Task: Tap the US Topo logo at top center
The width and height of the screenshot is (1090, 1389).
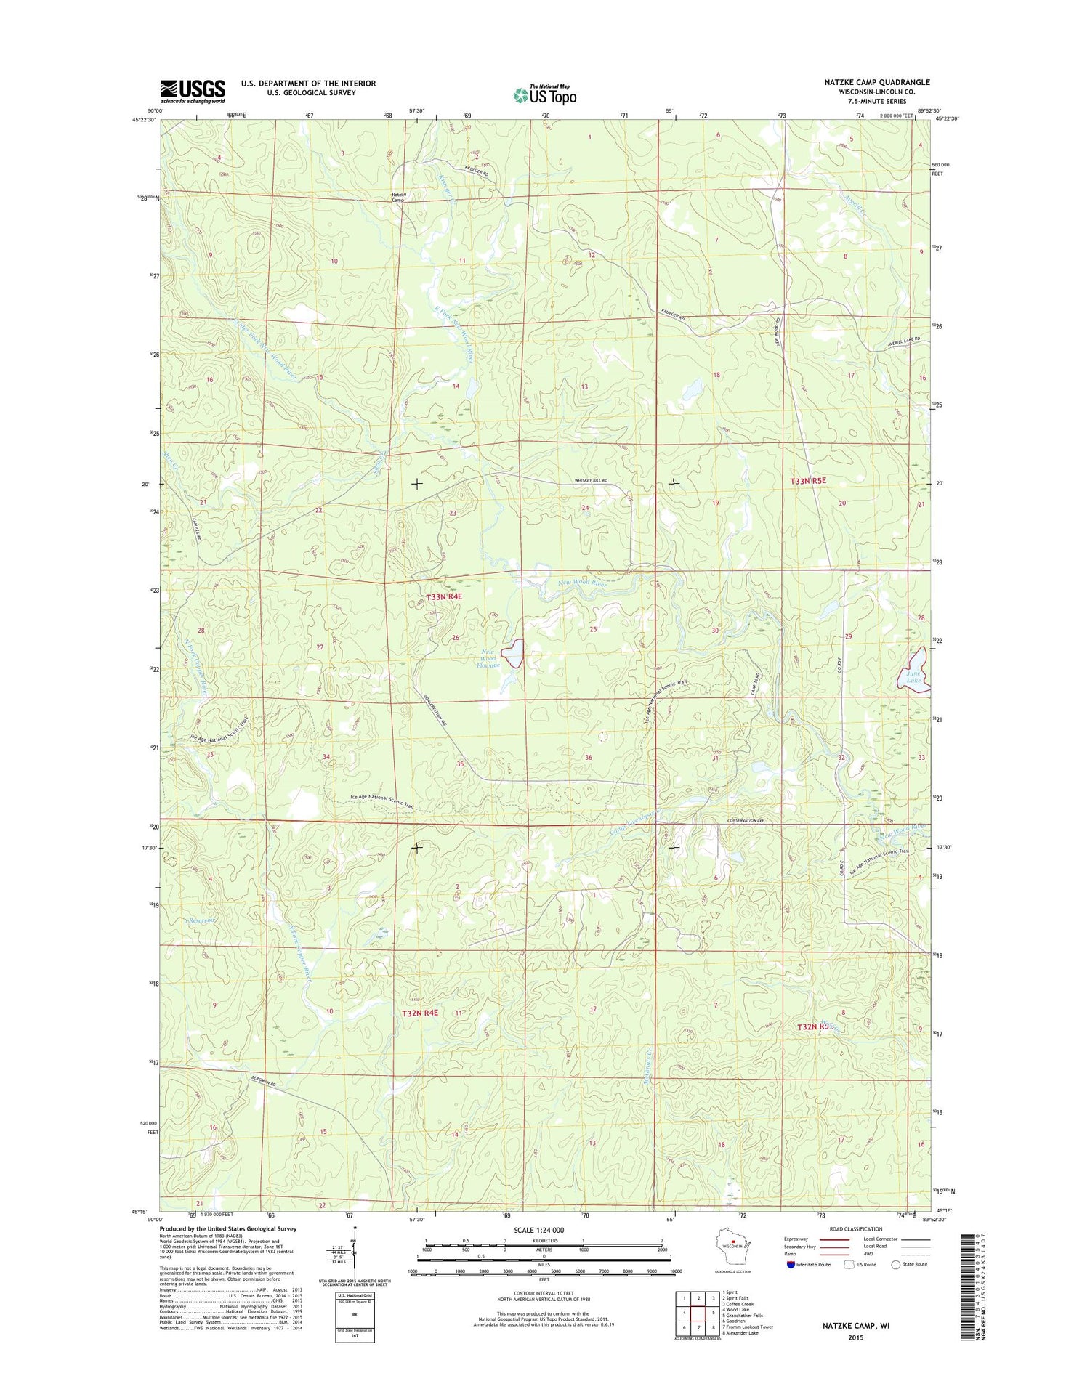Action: (x=544, y=94)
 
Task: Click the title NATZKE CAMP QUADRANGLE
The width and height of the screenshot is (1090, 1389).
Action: (x=876, y=82)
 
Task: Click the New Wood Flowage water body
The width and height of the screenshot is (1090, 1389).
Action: (x=514, y=653)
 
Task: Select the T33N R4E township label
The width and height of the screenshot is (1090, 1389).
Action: (x=443, y=596)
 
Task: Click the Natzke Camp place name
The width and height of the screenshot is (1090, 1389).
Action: (x=399, y=198)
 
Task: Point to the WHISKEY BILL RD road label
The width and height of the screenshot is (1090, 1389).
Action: (x=591, y=481)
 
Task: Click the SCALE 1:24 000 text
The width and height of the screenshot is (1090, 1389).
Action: (x=538, y=1230)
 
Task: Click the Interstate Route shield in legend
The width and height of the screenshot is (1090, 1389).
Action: (x=791, y=1265)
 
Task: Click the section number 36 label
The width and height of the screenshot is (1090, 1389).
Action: (x=589, y=758)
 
